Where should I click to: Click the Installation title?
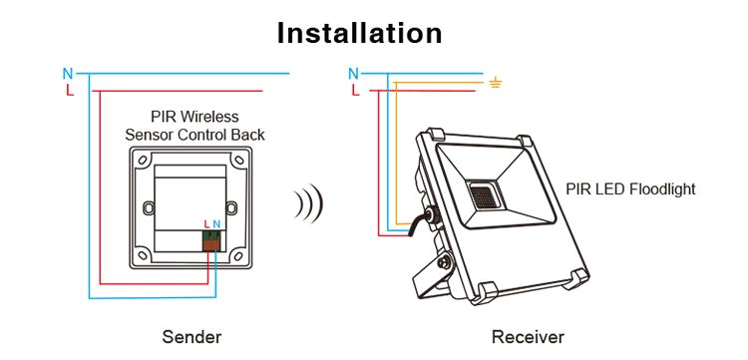point(359,32)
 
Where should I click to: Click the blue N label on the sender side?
point(68,73)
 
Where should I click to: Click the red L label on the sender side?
point(68,90)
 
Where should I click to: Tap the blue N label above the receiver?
point(354,73)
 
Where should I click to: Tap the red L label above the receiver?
point(355,91)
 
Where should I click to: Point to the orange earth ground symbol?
point(496,82)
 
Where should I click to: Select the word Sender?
point(191,337)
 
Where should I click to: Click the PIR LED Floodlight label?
point(630,188)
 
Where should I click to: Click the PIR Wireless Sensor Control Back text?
point(194,125)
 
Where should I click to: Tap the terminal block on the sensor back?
point(211,240)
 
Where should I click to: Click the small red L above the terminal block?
point(205,224)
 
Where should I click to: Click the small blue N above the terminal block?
point(216,224)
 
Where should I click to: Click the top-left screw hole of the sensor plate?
point(142,160)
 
